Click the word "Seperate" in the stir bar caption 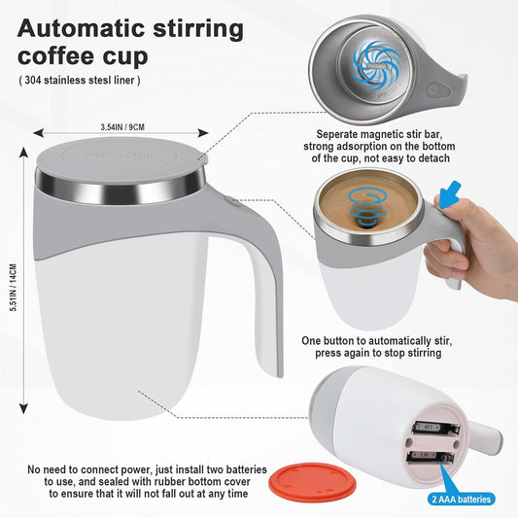[342, 135]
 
